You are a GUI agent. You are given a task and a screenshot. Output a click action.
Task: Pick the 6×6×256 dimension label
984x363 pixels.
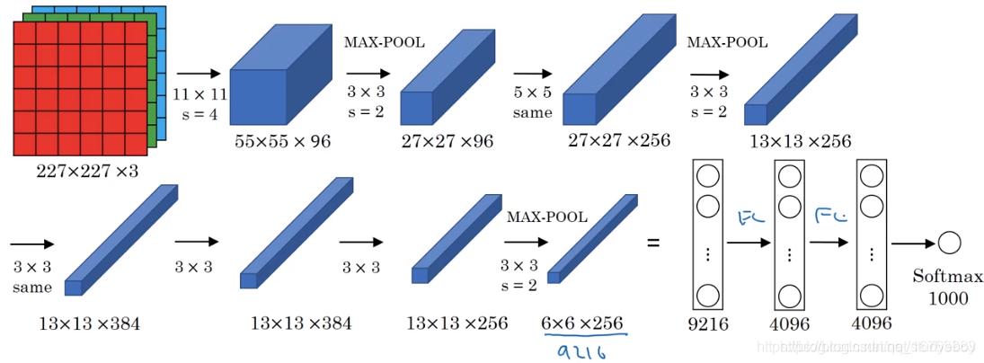click(x=582, y=323)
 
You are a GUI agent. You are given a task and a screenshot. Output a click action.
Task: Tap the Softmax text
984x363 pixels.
click(x=941, y=279)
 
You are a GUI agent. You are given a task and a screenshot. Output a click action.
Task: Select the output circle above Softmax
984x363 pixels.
click(x=949, y=242)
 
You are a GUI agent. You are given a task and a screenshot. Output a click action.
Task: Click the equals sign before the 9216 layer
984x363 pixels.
click(x=653, y=243)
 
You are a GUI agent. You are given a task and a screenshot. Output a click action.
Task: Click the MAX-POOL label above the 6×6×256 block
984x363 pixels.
click(x=547, y=217)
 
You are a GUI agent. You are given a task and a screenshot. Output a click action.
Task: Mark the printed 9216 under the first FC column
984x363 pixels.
click(x=707, y=322)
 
